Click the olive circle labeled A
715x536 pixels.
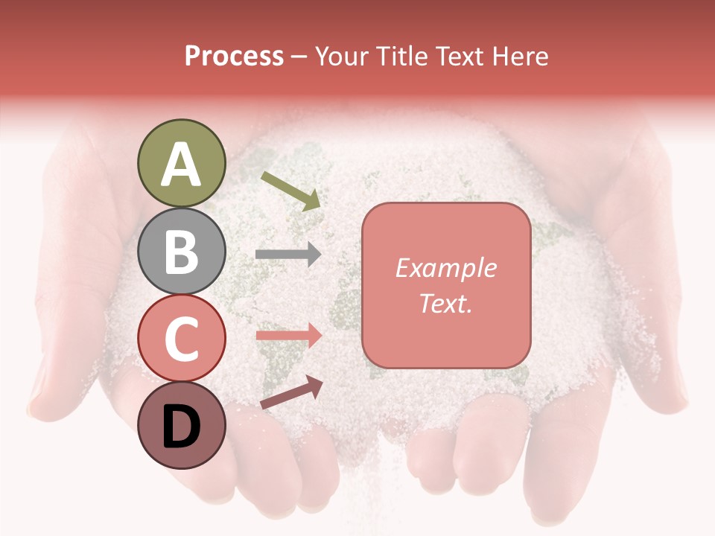click(181, 163)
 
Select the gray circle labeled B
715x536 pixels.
click(181, 251)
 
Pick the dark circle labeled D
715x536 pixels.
click(181, 426)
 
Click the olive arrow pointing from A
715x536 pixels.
click(291, 191)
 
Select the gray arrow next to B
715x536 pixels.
click(288, 254)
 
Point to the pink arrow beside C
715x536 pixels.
click(288, 335)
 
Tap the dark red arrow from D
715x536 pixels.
click(291, 392)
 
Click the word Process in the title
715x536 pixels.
click(234, 57)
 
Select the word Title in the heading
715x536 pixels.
click(401, 57)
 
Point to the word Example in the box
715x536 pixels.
click(445, 269)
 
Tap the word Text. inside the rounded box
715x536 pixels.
click(445, 303)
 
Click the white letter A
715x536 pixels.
click(181, 165)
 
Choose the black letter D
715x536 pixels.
click(181, 427)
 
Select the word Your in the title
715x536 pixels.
click(344, 57)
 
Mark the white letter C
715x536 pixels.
click(181, 339)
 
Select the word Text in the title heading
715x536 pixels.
click(457, 57)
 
